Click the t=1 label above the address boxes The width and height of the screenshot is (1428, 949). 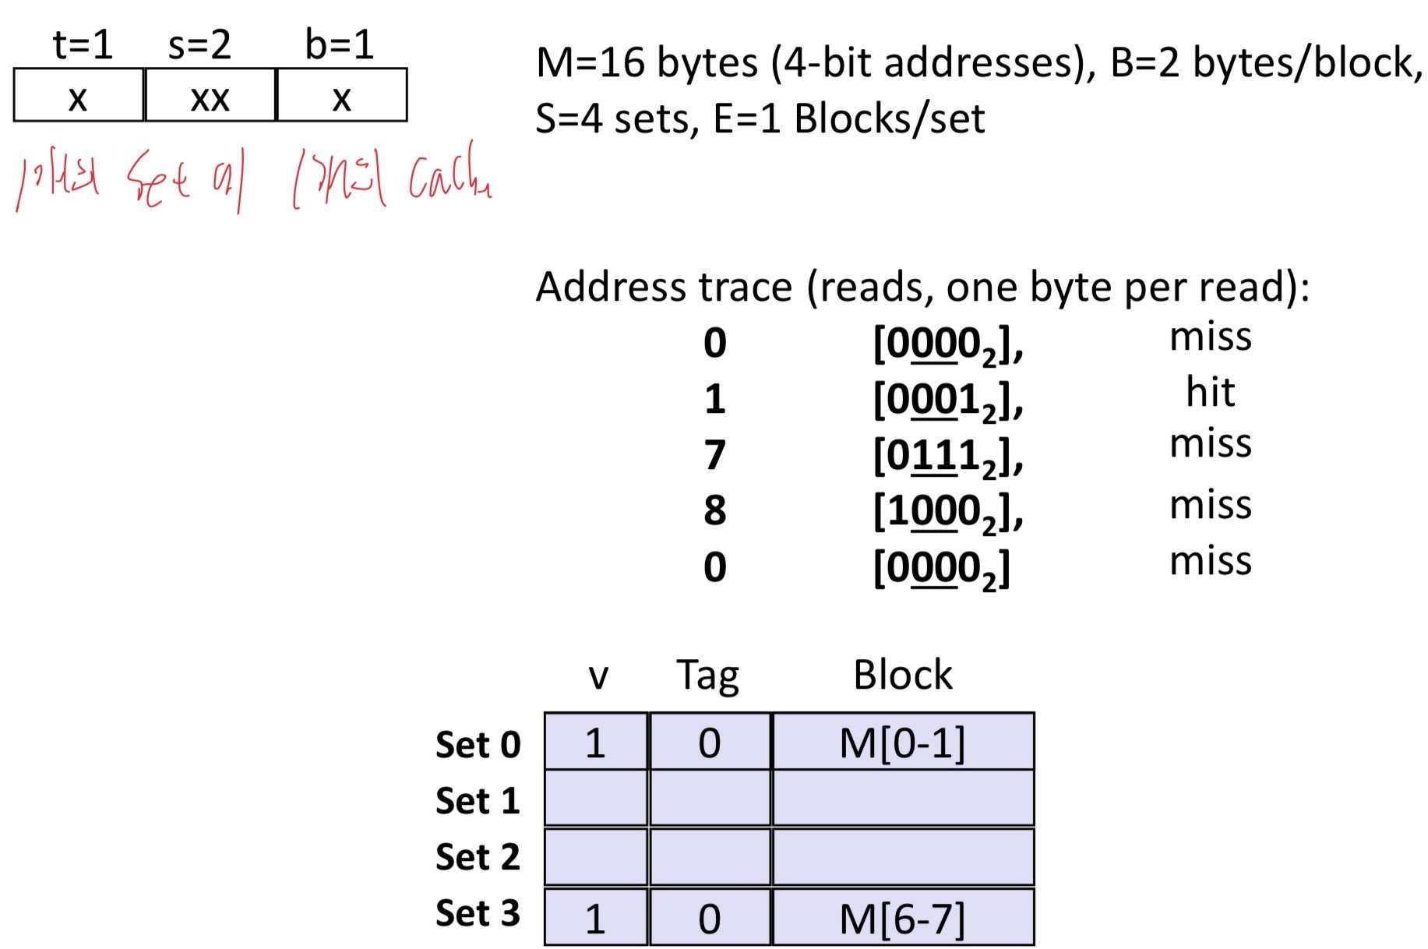[83, 44]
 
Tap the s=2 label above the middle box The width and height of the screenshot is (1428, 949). [199, 44]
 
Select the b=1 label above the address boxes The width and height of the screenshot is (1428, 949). [339, 44]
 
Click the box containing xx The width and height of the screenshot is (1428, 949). [210, 96]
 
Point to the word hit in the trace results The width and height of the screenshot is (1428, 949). [1210, 391]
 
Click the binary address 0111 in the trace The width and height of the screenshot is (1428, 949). [947, 457]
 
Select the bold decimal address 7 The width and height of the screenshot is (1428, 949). [714, 455]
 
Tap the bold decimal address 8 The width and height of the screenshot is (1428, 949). [714, 511]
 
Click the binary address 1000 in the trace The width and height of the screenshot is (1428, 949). [947, 513]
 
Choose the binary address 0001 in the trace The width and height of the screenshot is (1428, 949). [947, 400]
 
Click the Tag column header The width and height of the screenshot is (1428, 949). [707, 675]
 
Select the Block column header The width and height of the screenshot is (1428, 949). [902, 675]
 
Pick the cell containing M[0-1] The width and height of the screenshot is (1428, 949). [902, 743]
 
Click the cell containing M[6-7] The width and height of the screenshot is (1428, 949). [902, 919]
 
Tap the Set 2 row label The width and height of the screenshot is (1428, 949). [477, 857]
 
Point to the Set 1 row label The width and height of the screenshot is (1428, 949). [477, 800]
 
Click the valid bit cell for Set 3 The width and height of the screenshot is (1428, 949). [595, 919]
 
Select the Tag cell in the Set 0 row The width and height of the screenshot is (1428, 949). [709, 743]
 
